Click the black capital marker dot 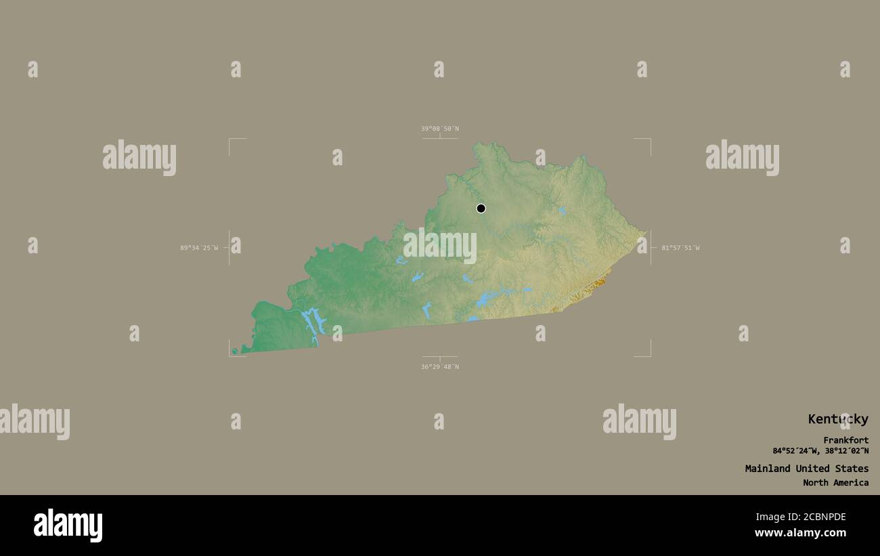click(481, 208)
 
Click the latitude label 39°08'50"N click(439, 129)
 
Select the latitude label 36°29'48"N click(439, 367)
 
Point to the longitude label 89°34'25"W click(199, 248)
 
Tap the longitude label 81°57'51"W click(680, 248)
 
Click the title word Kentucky click(837, 419)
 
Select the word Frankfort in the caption click(845, 440)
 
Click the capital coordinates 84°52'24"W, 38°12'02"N click(820, 451)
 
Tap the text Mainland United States click(806, 469)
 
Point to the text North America click(835, 483)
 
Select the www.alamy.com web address click(800, 533)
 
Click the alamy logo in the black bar click(68, 526)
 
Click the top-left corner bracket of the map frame click(230, 140)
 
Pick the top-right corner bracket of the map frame click(649, 140)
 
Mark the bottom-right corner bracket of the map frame click(649, 355)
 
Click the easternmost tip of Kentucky click(644, 236)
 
